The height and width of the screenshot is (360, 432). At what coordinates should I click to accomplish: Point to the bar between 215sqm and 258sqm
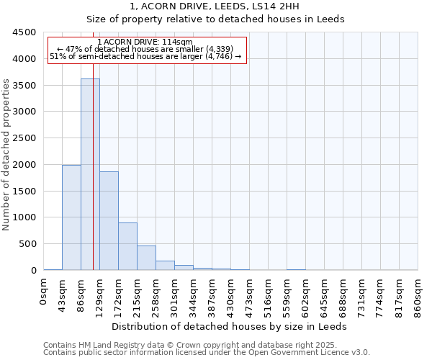[x=146, y=258]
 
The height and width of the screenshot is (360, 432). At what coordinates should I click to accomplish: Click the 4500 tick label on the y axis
[x=24, y=32]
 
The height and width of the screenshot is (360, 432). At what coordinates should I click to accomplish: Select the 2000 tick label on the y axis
[x=24, y=165]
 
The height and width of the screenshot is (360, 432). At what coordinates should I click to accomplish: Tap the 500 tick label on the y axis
[x=27, y=244]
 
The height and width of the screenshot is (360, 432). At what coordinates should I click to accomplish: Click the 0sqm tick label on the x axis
[x=44, y=292]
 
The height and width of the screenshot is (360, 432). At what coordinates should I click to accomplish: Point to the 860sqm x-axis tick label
[x=418, y=295]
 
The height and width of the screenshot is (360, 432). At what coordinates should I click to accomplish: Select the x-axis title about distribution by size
[x=230, y=326]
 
